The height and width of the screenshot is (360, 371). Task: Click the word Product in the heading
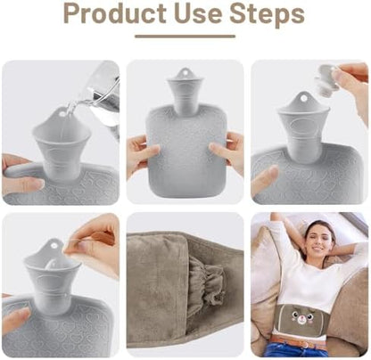(115, 13)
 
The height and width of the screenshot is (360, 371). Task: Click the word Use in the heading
(198, 13)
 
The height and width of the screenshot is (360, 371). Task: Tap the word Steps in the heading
(268, 14)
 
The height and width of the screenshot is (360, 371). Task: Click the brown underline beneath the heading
(185, 37)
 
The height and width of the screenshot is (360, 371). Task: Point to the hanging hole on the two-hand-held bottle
(185, 72)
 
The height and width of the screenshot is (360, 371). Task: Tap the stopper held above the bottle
(328, 78)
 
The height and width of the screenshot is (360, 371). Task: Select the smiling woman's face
(318, 240)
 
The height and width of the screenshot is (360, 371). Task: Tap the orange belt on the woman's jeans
(294, 341)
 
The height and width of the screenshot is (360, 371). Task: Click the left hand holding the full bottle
(142, 154)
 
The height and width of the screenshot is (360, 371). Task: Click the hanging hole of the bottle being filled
(62, 113)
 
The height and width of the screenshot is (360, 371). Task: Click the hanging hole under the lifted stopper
(303, 98)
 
